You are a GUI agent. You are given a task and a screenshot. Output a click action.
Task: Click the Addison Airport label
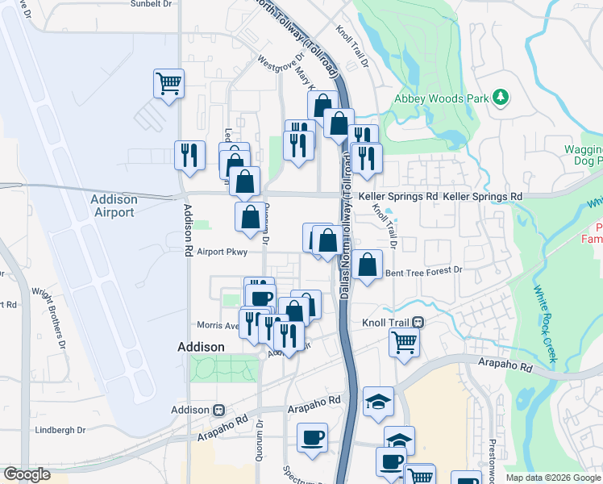tap(114, 206)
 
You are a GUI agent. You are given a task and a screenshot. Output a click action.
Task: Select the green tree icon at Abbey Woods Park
tap(501, 98)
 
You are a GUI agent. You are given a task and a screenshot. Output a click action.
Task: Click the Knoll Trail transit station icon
tap(418, 322)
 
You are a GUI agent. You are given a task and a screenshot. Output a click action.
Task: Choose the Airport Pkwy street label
tap(221, 252)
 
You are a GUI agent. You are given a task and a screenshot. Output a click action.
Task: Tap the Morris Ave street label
tap(217, 326)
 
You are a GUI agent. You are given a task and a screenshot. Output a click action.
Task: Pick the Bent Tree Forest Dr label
tap(423, 272)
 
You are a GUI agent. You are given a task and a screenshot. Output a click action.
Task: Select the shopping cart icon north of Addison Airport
tap(168, 82)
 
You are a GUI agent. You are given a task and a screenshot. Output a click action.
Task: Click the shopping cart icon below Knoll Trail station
tap(403, 341)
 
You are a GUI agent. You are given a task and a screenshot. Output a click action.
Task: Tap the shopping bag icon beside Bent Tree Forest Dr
tap(367, 264)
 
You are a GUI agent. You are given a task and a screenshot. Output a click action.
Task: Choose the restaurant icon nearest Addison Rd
tap(189, 154)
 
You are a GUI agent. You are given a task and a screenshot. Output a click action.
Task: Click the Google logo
tap(27, 474)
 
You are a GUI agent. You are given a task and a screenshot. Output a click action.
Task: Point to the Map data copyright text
tap(554, 478)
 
